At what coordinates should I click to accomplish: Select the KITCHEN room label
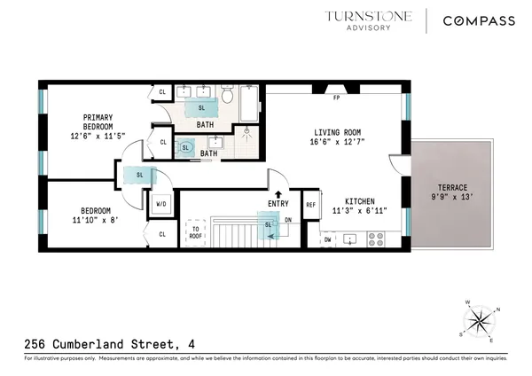[355, 202]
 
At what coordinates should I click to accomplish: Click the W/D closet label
[162, 202]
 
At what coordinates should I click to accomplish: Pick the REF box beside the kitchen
[310, 205]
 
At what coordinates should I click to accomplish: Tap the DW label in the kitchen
[328, 239]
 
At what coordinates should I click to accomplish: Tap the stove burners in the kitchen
[376, 238]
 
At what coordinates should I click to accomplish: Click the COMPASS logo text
[480, 20]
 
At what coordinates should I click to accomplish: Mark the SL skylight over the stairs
[268, 224]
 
